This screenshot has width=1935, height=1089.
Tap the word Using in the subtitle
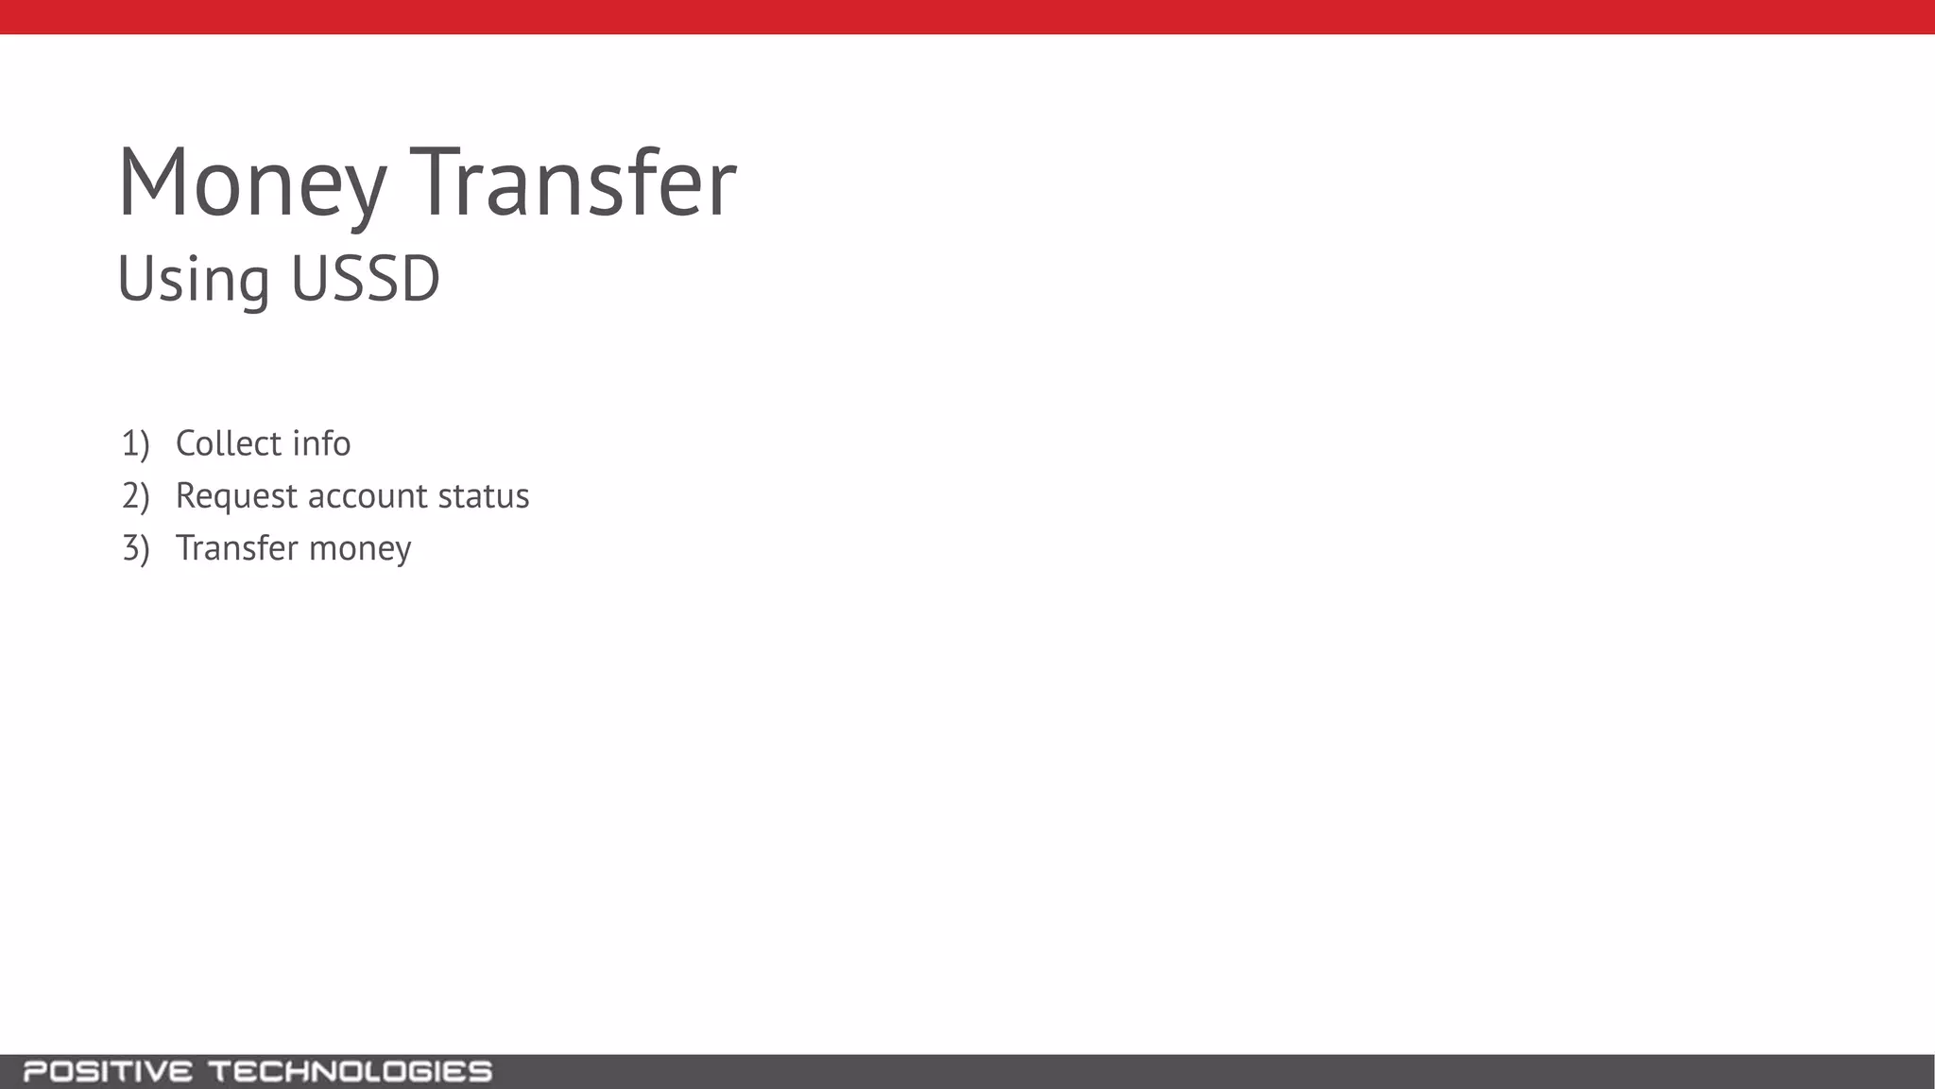coord(194,280)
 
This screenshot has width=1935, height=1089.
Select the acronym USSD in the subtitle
coord(366,279)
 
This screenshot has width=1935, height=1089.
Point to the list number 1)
coord(135,443)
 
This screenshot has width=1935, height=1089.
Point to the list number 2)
coord(135,495)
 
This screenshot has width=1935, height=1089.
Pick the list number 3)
coord(135,548)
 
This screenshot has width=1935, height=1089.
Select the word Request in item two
coord(236,496)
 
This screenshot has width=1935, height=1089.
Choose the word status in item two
coord(484,496)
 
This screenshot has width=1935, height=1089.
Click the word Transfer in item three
coord(236,548)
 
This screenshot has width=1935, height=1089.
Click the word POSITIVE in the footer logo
coord(108,1072)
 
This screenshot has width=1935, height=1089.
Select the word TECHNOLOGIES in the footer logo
coord(350,1072)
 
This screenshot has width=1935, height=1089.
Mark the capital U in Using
coord(136,279)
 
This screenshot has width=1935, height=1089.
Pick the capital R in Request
coord(187,495)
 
